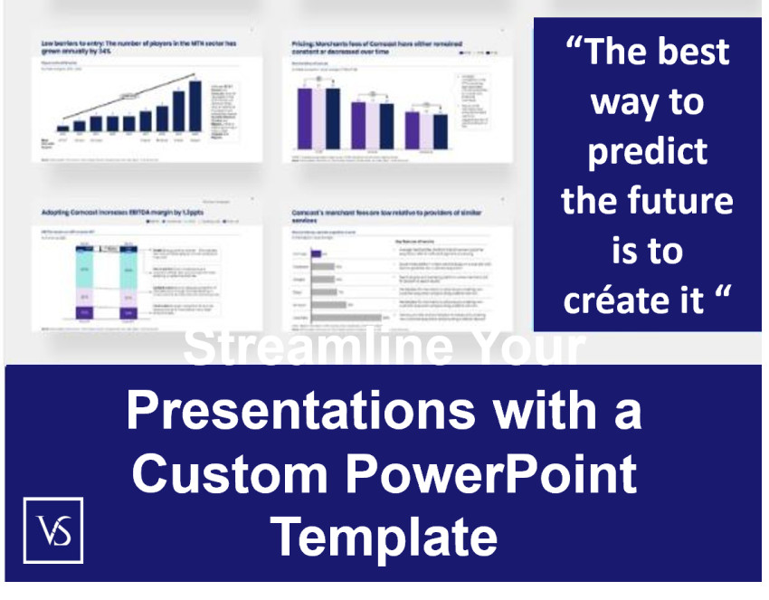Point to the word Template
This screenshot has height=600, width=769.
coord(384,536)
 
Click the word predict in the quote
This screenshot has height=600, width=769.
coord(647,150)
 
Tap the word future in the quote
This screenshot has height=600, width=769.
coord(679,200)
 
